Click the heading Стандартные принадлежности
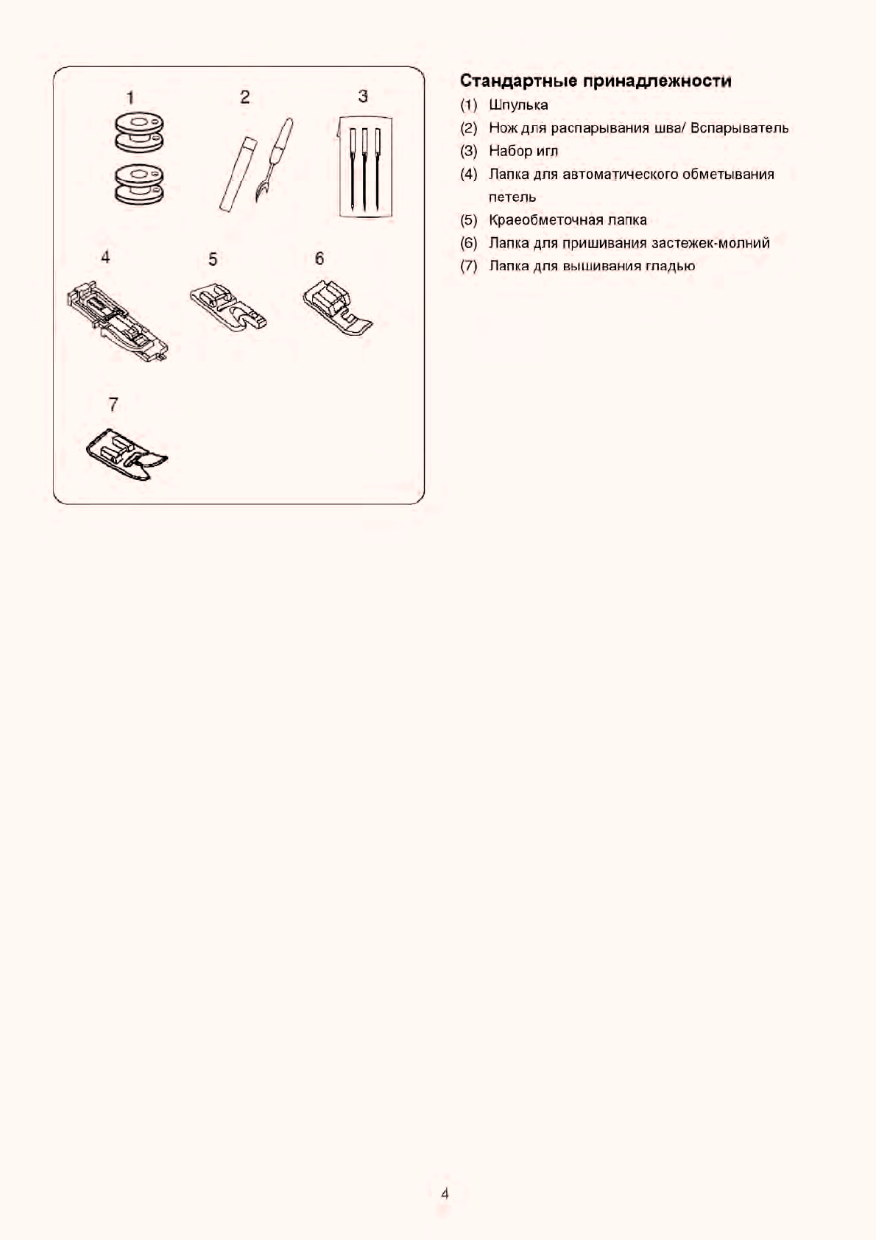point(596,81)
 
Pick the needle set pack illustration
point(364,167)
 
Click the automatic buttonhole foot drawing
point(118,322)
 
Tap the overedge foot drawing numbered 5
point(228,309)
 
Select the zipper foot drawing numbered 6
point(337,308)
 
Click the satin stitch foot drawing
point(127,454)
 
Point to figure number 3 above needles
point(363,96)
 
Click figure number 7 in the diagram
point(113,404)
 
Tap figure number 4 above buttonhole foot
point(106,257)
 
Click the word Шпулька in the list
point(518,105)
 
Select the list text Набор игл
point(523,151)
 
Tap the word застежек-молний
point(710,243)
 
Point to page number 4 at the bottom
point(445,1194)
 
